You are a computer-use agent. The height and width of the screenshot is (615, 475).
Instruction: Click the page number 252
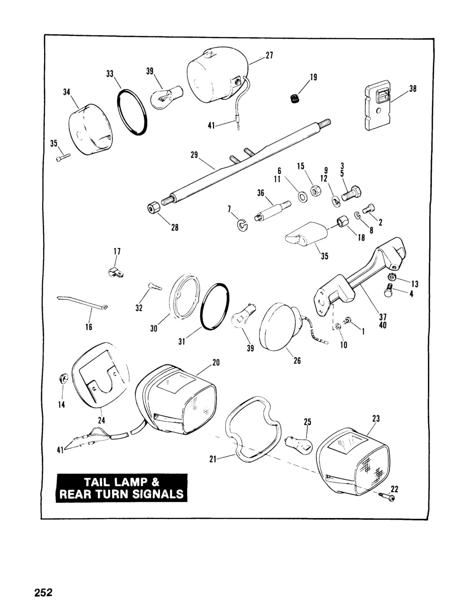(x=43, y=591)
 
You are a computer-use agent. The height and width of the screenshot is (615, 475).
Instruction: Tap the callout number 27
(x=269, y=55)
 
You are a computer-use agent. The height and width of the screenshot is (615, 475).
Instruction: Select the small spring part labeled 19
(x=295, y=99)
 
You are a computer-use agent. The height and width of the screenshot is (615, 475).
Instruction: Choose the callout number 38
(x=413, y=89)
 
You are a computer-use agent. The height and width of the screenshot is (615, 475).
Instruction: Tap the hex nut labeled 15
(x=315, y=191)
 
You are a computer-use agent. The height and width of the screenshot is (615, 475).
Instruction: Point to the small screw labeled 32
(x=154, y=287)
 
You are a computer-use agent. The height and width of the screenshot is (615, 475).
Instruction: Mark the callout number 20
(x=216, y=362)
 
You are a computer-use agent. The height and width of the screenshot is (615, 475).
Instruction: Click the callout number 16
(x=89, y=327)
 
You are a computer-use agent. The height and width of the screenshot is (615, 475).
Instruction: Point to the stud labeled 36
(x=273, y=211)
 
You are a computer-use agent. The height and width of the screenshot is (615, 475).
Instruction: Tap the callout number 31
(x=182, y=341)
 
